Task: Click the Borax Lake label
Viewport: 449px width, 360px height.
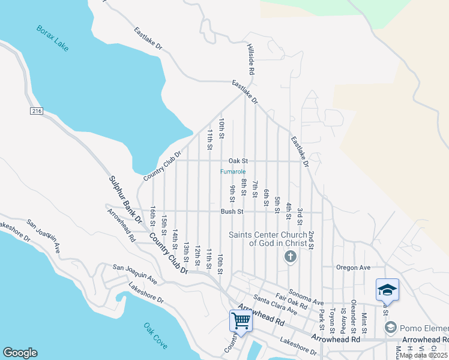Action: pos(52,38)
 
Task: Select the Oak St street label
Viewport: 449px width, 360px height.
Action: pos(238,161)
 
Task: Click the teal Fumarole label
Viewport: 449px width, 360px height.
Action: pos(233,172)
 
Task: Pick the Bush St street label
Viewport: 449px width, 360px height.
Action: pos(232,211)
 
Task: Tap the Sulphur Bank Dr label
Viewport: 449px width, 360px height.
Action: pos(125,200)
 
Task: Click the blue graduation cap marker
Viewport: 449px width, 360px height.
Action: pos(387,290)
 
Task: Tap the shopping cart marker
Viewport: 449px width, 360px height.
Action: pos(241,320)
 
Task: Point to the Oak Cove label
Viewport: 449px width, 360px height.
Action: pos(155,336)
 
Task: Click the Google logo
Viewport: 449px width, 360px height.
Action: pos(20,353)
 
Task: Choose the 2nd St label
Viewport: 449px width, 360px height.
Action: pos(312,239)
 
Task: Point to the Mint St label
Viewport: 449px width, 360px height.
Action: pos(364,323)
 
